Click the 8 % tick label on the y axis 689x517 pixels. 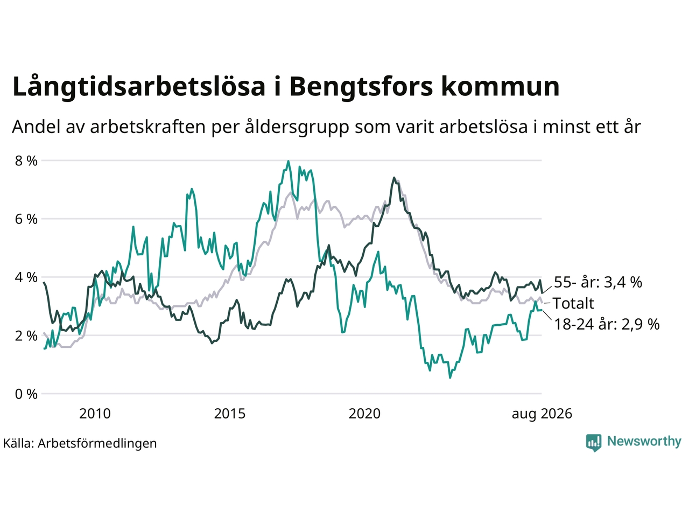[x=26, y=160]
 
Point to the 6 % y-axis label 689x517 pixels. [x=26, y=219]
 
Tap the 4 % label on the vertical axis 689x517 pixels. [x=26, y=277]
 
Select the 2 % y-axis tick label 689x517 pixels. [x=26, y=336]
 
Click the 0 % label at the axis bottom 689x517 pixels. [x=26, y=394]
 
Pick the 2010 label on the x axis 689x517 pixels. [x=95, y=414]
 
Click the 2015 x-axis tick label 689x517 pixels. [x=230, y=414]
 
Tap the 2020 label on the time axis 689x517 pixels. [x=364, y=414]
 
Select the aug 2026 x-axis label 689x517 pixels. [x=542, y=414]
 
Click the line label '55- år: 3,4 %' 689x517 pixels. [x=598, y=282]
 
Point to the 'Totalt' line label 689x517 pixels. [x=573, y=303]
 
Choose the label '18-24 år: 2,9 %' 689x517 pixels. [x=607, y=324]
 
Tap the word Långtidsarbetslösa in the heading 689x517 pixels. [x=139, y=87]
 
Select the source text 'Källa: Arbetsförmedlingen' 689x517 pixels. [x=80, y=443]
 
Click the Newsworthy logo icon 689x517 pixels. [x=594, y=443]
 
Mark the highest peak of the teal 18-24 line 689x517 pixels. [x=288, y=161]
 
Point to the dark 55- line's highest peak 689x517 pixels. [x=394, y=178]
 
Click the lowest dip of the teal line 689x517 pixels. [x=450, y=378]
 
